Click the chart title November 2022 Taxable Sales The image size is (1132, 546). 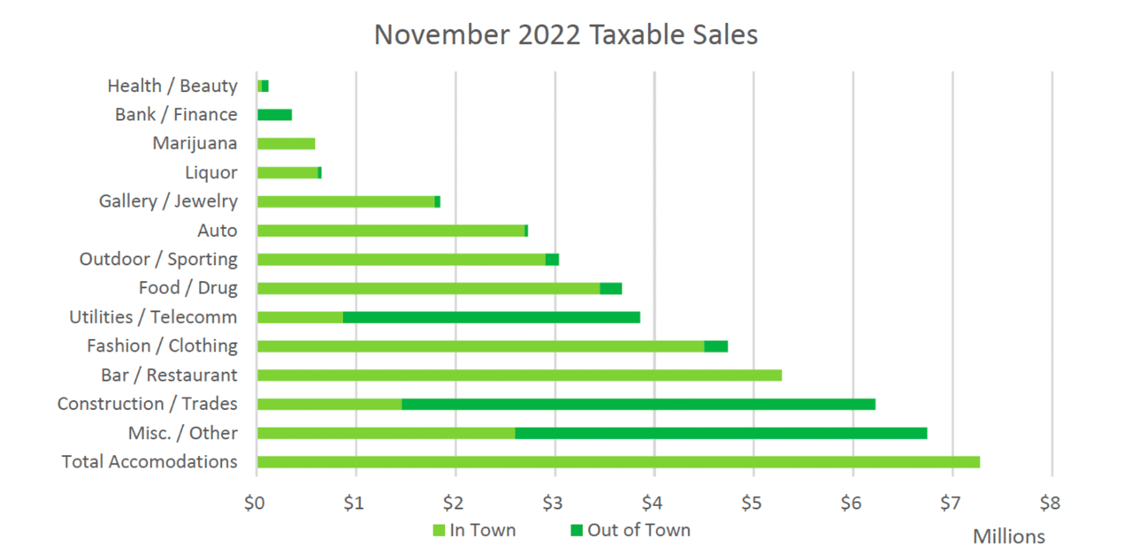(566, 34)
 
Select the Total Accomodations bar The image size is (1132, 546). (618, 462)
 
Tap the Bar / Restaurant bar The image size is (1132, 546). (519, 375)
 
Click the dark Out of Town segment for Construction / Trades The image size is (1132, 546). (639, 404)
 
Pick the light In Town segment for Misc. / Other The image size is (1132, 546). (386, 433)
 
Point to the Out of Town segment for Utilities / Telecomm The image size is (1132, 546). (492, 317)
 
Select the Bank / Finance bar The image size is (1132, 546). (274, 115)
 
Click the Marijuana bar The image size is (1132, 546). (286, 144)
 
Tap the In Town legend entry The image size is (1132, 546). (474, 530)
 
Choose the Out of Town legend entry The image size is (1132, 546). (630, 530)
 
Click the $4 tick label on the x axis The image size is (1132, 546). (653, 504)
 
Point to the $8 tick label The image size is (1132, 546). (1050, 504)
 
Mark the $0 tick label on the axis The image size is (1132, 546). (256, 504)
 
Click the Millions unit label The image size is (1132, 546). (1008, 537)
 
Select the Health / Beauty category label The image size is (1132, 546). (172, 86)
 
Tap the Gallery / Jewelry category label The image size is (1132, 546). (168, 201)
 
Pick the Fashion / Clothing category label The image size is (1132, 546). (162, 345)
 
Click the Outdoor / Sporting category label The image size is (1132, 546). (158, 260)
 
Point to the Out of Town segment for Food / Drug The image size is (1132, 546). (611, 288)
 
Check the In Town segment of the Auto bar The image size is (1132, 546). (391, 231)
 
